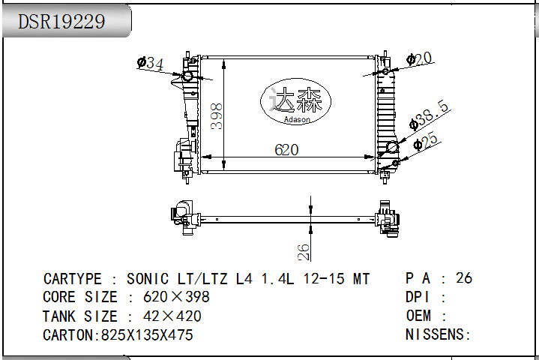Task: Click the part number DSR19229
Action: tap(61, 21)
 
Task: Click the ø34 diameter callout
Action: tap(150, 63)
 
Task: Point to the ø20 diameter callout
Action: tap(419, 59)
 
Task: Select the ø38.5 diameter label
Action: tap(429, 115)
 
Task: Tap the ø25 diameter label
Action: tap(426, 141)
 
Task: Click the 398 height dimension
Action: tap(217, 116)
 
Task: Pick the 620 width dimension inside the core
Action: tap(286, 150)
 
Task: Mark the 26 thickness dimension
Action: tap(304, 252)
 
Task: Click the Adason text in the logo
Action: tap(297, 120)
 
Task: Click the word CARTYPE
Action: tap(72, 279)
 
